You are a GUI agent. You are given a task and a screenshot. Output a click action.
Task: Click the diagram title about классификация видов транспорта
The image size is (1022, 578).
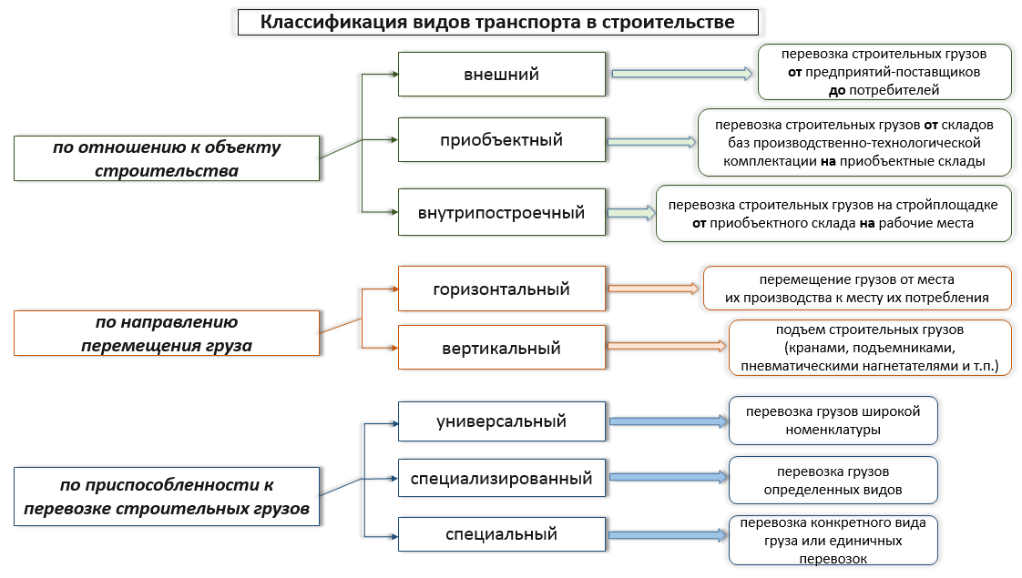click(498, 22)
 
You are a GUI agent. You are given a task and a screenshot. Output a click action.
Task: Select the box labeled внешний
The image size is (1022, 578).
click(502, 75)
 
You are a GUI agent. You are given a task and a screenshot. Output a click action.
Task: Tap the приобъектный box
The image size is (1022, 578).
click(502, 139)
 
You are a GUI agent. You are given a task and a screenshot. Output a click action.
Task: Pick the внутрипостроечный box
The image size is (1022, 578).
click(502, 212)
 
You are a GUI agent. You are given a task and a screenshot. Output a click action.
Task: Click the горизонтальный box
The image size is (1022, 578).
click(502, 289)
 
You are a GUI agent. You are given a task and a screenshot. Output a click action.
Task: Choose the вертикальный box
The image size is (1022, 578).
click(502, 348)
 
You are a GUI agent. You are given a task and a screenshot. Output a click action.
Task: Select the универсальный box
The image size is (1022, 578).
click(502, 421)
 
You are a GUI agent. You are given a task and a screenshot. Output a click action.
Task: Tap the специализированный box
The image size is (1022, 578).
click(502, 478)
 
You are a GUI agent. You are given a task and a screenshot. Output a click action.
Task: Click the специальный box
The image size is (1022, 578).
click(502, 534)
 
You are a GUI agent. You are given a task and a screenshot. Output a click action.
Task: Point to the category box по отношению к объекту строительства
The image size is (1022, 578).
click(167, 158)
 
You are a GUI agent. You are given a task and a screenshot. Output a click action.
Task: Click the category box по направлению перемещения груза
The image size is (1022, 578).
click(167, 333)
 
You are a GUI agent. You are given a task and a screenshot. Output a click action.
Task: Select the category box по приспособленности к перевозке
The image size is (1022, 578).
click(167, 497)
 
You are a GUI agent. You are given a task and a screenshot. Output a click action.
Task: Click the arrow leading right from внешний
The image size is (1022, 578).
click(681, 74)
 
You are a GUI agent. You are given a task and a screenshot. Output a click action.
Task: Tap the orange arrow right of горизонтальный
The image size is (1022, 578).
click(653, 288)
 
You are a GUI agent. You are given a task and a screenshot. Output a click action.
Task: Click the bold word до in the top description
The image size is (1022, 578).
click(837, 91)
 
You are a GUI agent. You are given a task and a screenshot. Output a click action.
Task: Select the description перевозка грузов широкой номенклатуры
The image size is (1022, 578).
click(833, 421)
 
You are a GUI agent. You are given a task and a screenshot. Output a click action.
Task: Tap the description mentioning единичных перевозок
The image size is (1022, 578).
click(833, 540)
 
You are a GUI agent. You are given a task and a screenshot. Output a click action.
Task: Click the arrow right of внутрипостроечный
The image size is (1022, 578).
click(631, 212)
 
